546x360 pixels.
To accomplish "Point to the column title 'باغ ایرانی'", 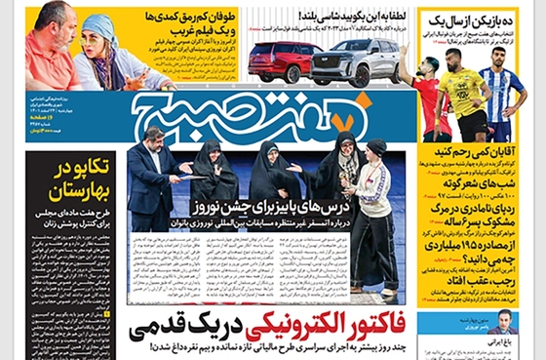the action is click(x=513, y=343).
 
